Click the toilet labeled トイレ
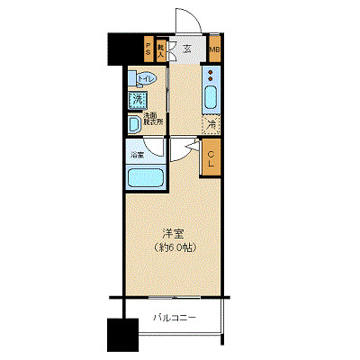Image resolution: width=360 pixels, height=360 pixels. (x=144, y=81)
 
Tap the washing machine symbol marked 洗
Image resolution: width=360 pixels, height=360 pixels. (x=141, y=100)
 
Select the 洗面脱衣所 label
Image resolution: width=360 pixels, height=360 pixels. (x=150, y=119)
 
